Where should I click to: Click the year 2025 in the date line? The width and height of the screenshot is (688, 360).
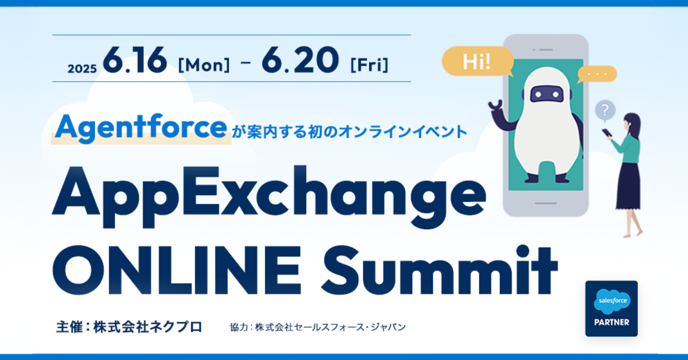pos(82,69)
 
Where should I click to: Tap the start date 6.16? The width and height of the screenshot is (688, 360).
pos(135,60)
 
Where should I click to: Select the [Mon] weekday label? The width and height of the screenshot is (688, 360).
pos(204,65)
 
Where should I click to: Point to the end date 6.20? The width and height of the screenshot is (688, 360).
pos(300,60)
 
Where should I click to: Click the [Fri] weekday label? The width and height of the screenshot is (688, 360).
pos(369,65)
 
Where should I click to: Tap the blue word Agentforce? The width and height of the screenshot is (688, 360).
pos(142,128)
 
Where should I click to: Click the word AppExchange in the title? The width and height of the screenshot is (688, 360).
pos(269,193)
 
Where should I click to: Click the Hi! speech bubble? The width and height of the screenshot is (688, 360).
pos(477,61)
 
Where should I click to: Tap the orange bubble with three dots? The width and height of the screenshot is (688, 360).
pos(597,74)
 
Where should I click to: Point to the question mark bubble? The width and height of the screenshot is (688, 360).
pos(605,110)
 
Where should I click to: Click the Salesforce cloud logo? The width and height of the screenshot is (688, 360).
pos(612,301)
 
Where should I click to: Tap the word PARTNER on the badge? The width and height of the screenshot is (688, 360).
pos(611,322)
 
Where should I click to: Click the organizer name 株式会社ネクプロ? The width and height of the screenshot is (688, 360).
pos(147,327)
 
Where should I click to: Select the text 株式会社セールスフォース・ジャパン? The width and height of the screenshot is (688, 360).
pos(330,327)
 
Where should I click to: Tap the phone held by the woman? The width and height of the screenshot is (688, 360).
pos(606,133)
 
